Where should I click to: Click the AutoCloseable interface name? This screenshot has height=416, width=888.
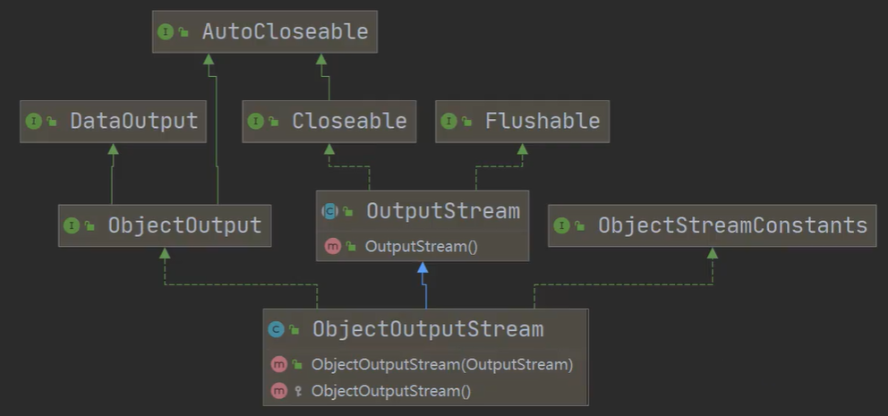click(285, 32)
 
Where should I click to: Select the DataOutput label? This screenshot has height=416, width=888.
click(134, 122)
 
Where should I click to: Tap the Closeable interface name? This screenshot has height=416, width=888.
click(349, 122)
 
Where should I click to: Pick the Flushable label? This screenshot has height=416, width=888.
click(542, 122)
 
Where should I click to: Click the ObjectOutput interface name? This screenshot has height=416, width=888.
click(184, 225)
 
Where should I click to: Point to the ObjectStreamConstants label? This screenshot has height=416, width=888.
click(732, 225)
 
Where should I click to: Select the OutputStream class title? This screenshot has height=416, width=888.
click(442, 211)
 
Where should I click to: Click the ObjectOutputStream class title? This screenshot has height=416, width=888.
click(427, 329)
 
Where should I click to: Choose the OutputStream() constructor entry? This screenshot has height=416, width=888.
click(415, 246)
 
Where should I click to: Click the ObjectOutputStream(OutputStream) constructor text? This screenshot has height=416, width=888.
click(442, 364)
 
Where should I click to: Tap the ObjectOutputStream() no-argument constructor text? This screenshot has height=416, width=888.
click(391, 391)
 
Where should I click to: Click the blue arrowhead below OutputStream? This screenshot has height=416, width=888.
click(423, 267)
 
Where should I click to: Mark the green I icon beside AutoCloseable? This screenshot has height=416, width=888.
click(166, 32)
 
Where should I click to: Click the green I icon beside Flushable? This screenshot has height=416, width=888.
click(448, 122)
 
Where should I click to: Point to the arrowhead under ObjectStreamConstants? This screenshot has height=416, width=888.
click(712, 254)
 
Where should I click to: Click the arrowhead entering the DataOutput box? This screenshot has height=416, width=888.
click(113, 149)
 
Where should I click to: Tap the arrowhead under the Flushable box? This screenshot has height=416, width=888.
click(522, 149)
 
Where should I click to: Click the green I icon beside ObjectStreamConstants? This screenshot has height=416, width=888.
click(561, 226)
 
